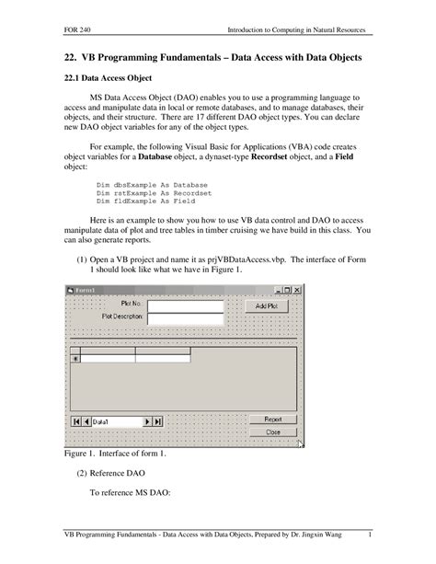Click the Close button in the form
(273, 432)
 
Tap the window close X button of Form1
(297, 290)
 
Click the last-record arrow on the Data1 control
(157, 421)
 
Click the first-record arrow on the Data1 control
(76, 421)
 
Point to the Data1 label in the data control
(101, 421)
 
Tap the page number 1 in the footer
(369, 535)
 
